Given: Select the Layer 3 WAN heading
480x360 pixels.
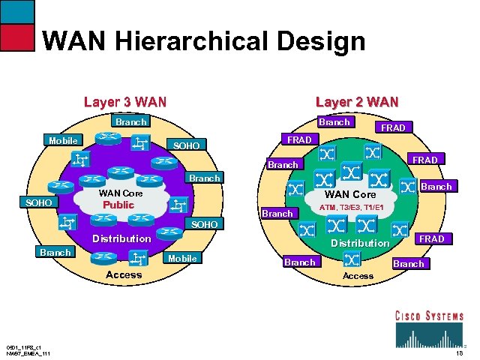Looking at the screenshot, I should click(125, 101).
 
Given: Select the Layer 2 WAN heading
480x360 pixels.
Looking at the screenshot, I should click(357, 101).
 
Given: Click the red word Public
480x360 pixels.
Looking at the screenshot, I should click(118, 205).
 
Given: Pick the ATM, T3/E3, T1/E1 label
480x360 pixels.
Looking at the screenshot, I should click(352, 207).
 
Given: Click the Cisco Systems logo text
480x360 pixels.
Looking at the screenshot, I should click(429, 316).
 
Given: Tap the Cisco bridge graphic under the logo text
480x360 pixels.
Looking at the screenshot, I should click(429, 334).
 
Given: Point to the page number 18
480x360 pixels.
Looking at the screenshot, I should click(458, 352).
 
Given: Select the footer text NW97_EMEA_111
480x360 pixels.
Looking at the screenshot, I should click(28, 353).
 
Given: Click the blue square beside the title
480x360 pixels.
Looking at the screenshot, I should click(17, 11).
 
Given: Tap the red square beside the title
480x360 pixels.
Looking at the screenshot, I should click(17, 37).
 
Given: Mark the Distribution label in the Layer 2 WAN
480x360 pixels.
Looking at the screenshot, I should click(360, 243).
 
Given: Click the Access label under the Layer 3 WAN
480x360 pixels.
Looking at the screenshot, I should click(124, 274).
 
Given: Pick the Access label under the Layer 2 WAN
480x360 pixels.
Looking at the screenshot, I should click(358, 276).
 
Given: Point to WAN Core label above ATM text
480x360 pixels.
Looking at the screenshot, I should click(350, 194).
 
